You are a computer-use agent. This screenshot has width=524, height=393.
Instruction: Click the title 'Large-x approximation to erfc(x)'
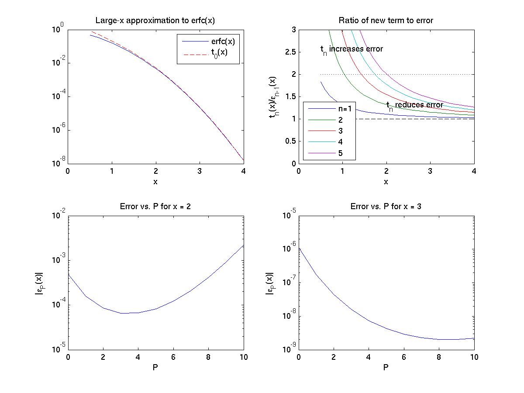click(x=155, y=21)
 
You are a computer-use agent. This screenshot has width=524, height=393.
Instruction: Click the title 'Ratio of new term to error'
click(x=386, y=21)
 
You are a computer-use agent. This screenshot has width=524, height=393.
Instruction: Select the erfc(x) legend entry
click(x=223, y=41)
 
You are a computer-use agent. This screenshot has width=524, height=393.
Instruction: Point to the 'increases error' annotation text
click(x=352, y=49)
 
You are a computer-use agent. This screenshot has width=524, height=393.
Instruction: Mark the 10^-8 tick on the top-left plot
click(x=58, y=163)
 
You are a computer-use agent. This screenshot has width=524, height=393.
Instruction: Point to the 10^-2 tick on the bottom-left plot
click(x=58, y=215)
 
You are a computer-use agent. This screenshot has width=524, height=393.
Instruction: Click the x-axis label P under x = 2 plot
click(x=155, y=368)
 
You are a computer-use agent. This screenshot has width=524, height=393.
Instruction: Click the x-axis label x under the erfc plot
click(x=155, y=182)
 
